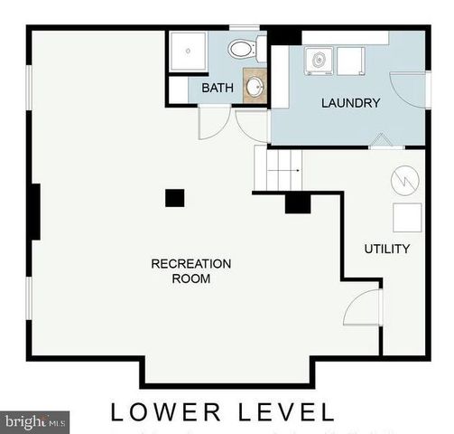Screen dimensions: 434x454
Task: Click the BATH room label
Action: (x=217, y=88)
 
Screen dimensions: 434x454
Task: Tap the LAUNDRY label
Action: (x=350, y=103)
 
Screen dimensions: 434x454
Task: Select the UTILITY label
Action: (x=386, y=249)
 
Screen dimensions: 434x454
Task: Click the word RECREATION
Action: (x=190, y=264)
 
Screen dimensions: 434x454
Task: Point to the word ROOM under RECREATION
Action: (x=190, y=279)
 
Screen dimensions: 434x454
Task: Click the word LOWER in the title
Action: (x=165, y=412)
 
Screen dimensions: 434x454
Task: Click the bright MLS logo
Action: (x=35, y=420)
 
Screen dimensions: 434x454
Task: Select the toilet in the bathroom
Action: (x=242, y=49)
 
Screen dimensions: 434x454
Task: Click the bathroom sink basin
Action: (x=255, y=87)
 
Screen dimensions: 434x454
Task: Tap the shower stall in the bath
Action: (x=186, y=52)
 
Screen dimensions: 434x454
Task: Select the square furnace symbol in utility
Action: (x=407, y=218)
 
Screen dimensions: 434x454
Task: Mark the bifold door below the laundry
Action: (x=381, y=141)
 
